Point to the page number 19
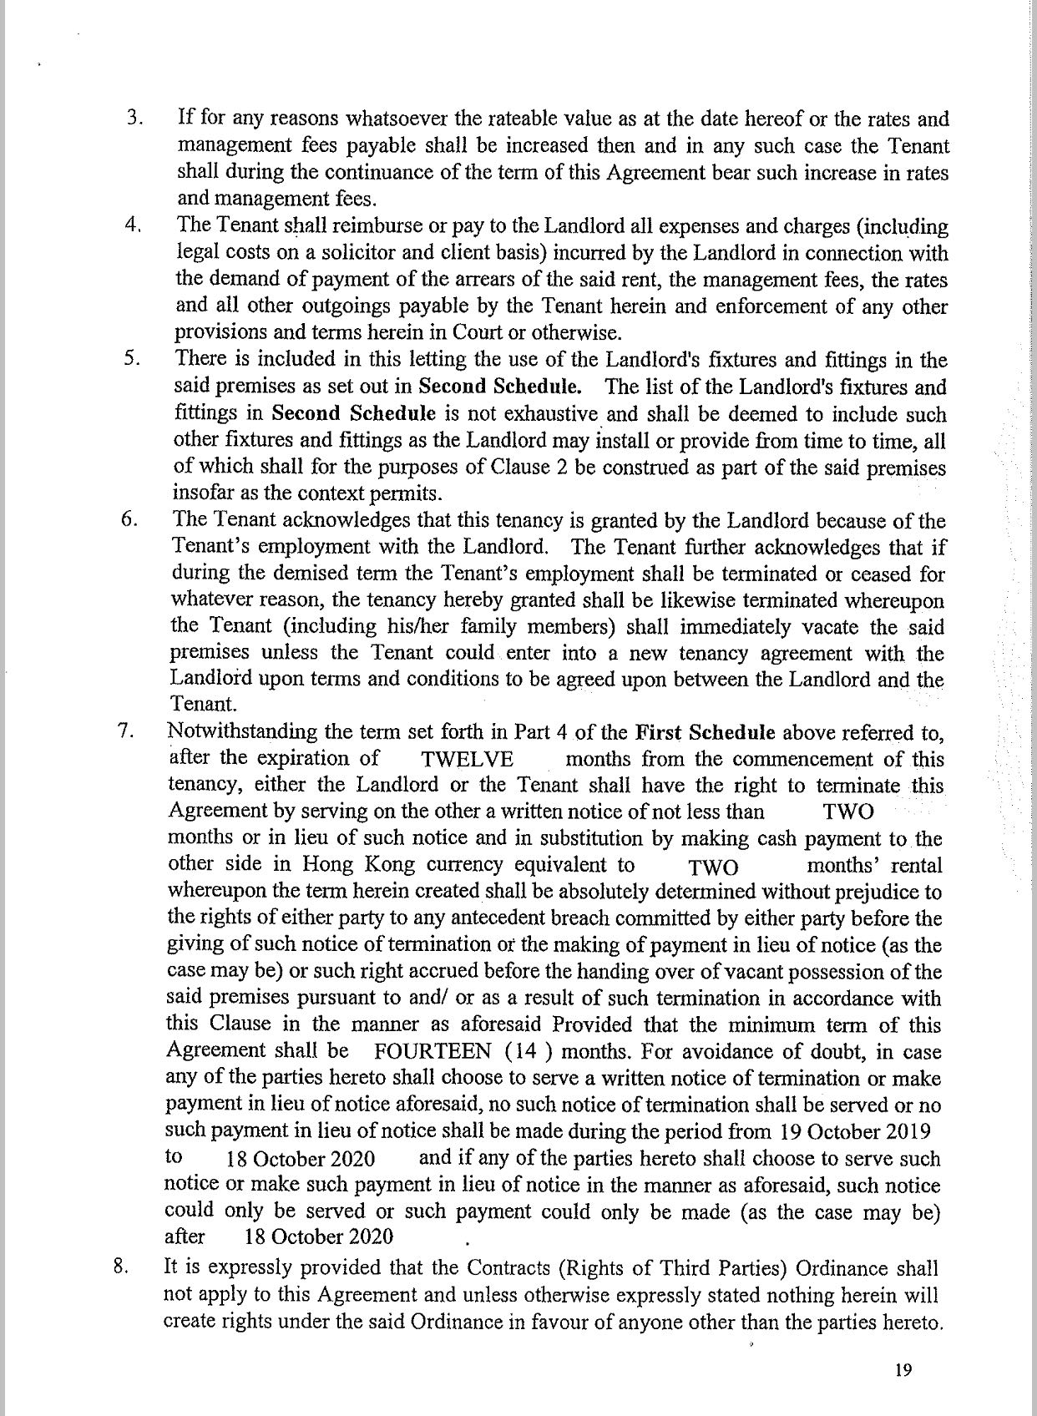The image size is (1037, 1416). tap(901, 1369)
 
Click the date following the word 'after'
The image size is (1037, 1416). tap(319, 1237)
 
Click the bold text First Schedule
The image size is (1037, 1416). tap(706, 733)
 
